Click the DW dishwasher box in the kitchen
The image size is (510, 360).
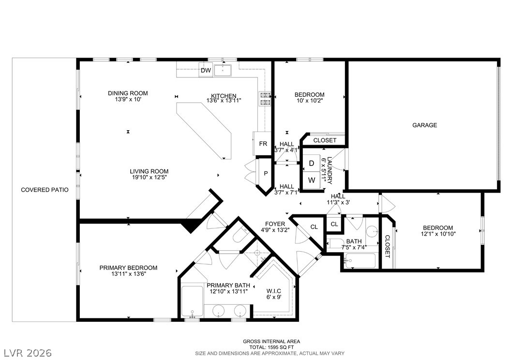206,70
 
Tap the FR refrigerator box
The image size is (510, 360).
262,143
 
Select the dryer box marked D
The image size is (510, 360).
311,163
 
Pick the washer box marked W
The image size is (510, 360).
311,180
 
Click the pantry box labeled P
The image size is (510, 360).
266,174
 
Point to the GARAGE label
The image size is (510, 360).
424,125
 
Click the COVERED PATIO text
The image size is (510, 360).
45,190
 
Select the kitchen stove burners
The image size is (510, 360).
265,99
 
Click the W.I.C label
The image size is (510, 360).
273,291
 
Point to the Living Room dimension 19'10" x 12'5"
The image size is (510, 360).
149,177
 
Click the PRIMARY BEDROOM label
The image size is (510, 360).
128,268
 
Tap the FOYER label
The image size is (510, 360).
275,224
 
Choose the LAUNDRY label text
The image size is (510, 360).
330,170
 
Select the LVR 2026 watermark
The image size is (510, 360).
28,353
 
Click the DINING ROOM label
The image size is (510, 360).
128,93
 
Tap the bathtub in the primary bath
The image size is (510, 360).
192,301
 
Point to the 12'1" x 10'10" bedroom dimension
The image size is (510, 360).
438,234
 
